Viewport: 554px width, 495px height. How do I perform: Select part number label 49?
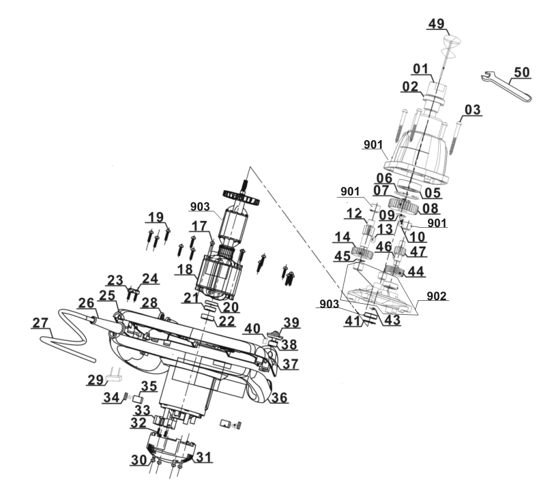437,24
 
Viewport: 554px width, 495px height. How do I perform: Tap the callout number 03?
472,110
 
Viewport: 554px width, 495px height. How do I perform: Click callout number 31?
204,458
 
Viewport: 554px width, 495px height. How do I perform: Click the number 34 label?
110,398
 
